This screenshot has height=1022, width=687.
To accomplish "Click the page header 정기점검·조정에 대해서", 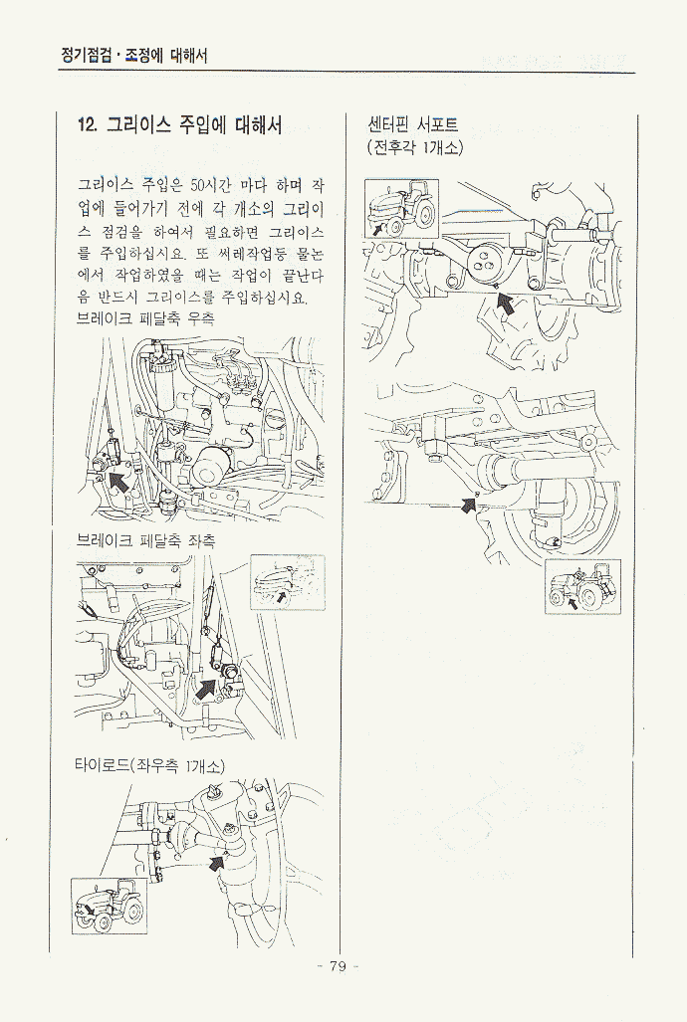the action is [x=133, y=56].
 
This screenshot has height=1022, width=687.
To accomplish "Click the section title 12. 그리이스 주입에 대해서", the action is [x=179, y=124].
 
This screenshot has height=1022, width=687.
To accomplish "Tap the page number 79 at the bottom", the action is [x=338, y=966].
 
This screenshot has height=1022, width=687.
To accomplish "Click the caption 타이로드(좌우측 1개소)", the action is [x=150, y=766].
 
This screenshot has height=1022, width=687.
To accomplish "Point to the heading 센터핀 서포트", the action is [x=413, y=123].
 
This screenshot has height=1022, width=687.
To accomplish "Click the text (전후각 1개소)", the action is [x=415, y=148].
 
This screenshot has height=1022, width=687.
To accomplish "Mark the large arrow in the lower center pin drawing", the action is [x=468, y=505].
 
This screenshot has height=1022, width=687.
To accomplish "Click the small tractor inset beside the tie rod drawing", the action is [x=109, y=906].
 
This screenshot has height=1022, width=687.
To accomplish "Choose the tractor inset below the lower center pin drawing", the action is [x=582, y=586].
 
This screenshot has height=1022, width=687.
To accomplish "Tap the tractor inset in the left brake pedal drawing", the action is [x=288, y=582].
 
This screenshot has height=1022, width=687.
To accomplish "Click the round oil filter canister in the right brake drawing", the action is [x=210, y=468].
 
